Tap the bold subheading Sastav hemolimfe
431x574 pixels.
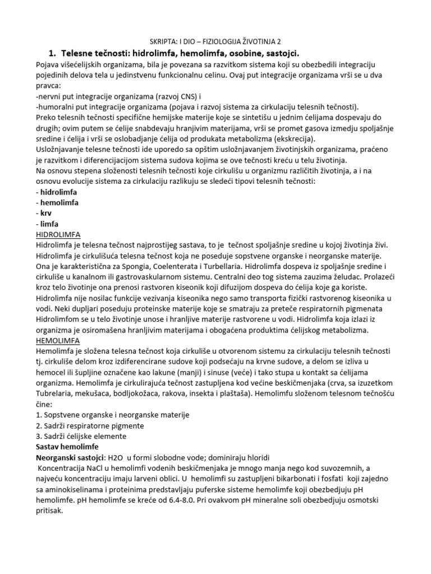pos(71,447)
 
